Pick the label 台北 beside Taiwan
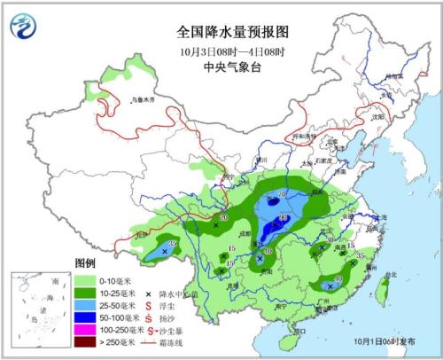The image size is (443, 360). (x=391, y=276)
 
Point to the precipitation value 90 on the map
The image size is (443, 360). (x=284, y=217)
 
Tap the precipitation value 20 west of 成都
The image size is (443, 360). (x=224, y=218)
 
